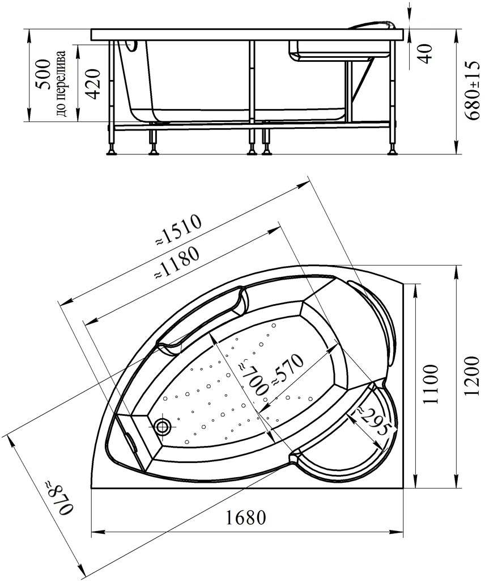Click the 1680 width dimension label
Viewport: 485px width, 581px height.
(x=245, y=517)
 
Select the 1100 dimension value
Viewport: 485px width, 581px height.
(x=430, y=384)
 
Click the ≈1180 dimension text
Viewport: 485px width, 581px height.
(x=177, y=263)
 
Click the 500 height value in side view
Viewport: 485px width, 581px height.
(x=42, y=75)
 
